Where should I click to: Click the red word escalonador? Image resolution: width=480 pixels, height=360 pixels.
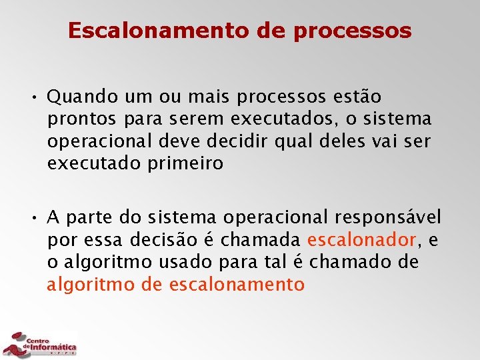click(362, 240)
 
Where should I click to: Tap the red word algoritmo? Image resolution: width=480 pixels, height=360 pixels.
click(91, 285)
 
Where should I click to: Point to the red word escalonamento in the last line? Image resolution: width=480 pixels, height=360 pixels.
click(237, 285)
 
